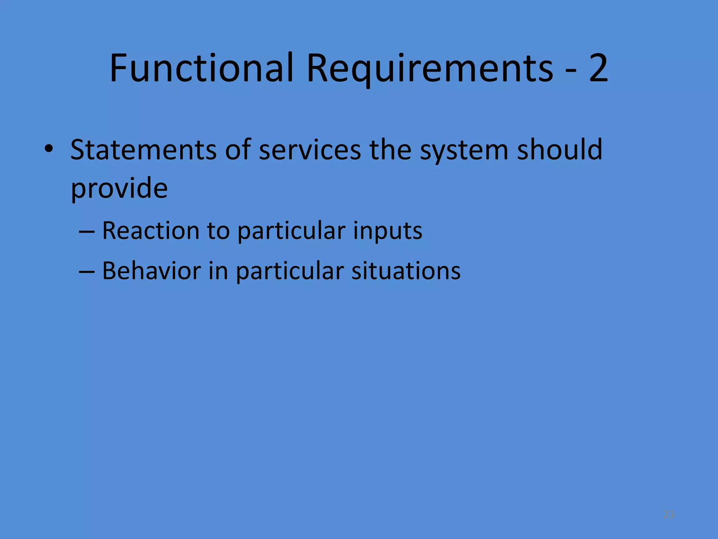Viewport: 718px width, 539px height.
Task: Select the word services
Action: (x=310, y=150)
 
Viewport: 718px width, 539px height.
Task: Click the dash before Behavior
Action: (x=87, y=272)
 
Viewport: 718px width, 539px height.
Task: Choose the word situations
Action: (x=406, y=271)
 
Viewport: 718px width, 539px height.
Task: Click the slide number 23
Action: (x=669, y=515)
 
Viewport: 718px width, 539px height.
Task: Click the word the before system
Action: (x=390, y=150)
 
